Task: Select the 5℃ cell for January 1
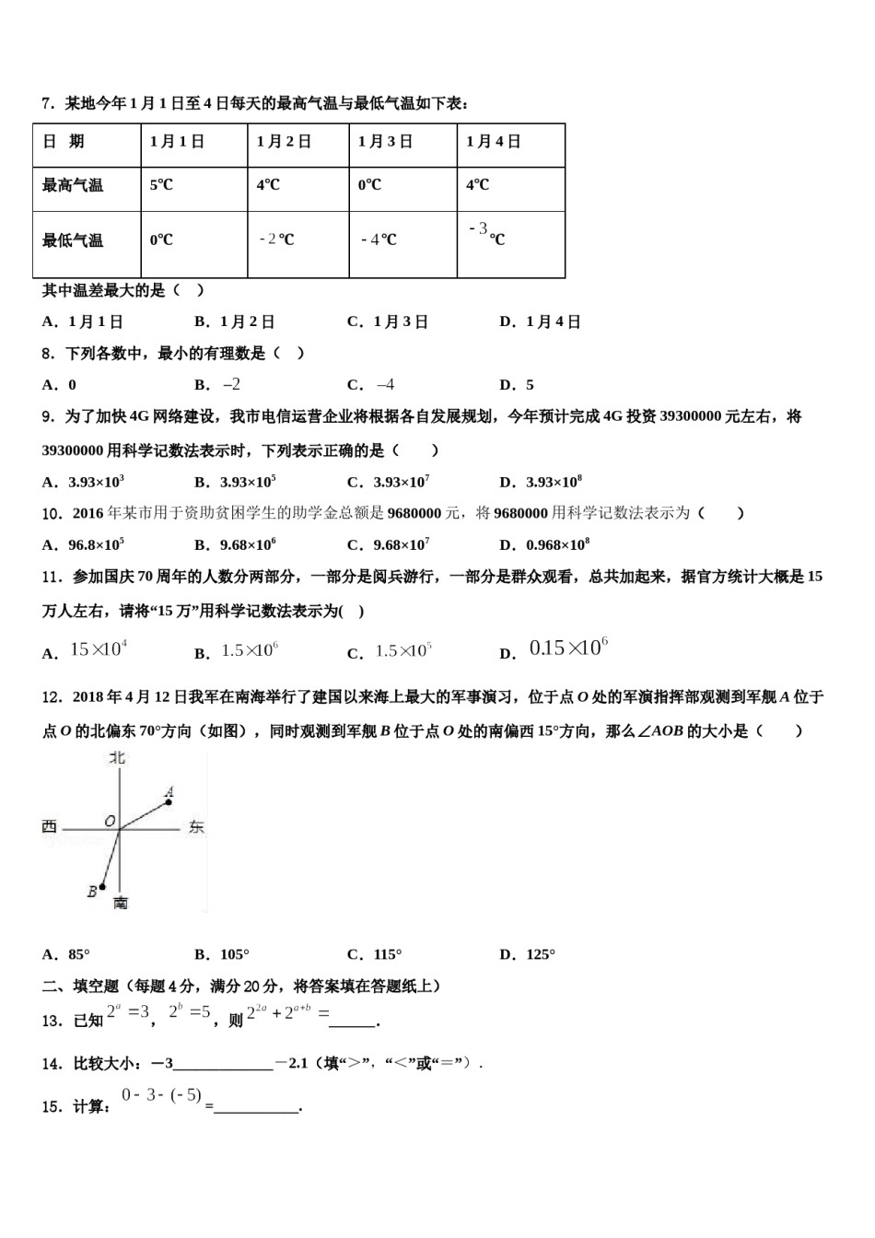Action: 161,185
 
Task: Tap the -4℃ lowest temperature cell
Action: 379,239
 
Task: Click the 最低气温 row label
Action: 73,240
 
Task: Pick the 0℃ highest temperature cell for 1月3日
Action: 369,185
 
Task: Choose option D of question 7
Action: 541,321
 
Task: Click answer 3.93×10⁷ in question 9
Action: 390,482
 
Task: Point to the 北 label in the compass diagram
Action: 117,758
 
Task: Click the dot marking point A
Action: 169,802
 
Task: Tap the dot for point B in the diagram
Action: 101,886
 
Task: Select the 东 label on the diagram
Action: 195,827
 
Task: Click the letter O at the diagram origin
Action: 110,821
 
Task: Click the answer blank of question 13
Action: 352,1020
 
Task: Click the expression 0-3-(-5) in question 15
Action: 161,1096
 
